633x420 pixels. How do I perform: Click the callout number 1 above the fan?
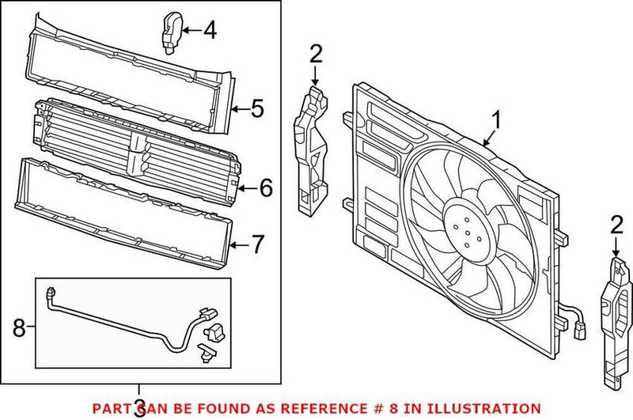click(497, 120)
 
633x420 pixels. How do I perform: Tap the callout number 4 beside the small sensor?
click(209, 31)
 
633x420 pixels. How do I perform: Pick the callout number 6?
click(265, 187)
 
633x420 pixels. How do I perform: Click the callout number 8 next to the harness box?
click(19, 327)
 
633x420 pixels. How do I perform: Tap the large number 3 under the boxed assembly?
click(139, 407)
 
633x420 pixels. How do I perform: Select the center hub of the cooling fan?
click(464, 225)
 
